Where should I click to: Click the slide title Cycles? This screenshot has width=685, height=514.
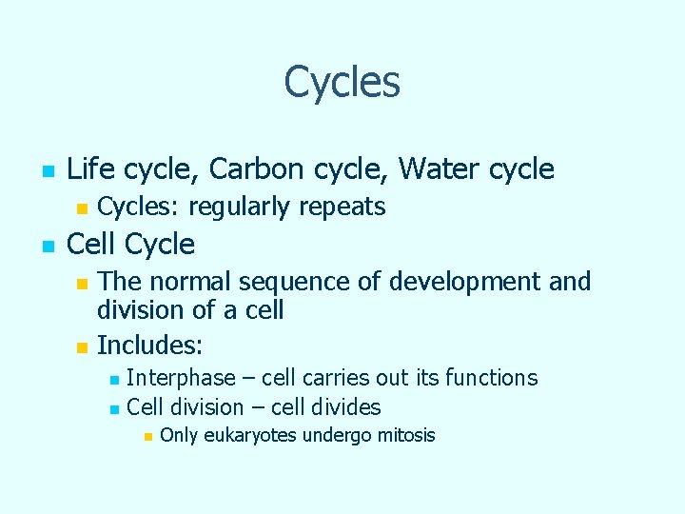coord(342,82)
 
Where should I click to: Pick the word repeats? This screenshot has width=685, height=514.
coord(344,207)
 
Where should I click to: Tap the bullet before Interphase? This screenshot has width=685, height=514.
coord(114,380)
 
